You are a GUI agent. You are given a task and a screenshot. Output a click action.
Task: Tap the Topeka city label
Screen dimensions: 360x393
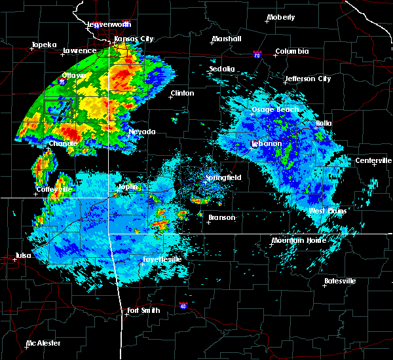click(44, 45)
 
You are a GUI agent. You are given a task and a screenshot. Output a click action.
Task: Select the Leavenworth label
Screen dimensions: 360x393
click(109, 24)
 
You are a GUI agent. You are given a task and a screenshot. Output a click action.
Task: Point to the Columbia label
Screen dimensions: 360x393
click(291, 51)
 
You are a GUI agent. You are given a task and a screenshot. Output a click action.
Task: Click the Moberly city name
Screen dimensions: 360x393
click(281, 17)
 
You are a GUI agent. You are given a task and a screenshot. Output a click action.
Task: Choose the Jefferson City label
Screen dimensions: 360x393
click(308, 79)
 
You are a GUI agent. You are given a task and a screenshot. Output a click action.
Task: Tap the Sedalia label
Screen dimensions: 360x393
click(221, 68)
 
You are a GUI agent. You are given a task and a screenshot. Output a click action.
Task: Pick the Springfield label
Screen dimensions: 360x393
click(223, 177)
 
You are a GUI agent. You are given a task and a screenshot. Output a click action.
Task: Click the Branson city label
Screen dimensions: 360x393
click(221, 217)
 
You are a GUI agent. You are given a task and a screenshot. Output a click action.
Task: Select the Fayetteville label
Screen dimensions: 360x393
click(162, 259)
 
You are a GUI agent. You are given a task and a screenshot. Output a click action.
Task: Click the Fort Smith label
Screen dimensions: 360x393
click(143, 310)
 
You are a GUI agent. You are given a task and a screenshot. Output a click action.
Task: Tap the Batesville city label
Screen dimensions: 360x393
click(339, 281)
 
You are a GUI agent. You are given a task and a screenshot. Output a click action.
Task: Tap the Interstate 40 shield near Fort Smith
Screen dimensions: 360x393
click(183, 306)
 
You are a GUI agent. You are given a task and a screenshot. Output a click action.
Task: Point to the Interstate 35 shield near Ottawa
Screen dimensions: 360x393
click(62, 82)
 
